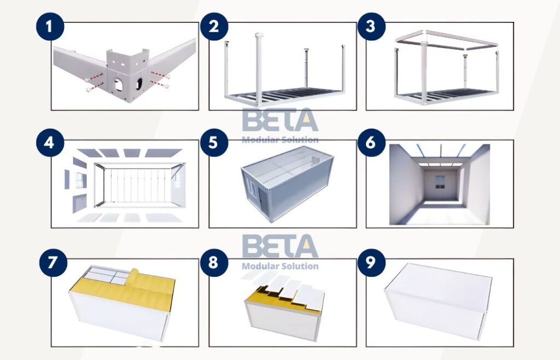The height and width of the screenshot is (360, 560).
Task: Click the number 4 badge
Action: coord(50,143)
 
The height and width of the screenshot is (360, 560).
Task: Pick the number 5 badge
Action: coord(214,143)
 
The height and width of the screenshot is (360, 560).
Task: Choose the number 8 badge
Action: coord(214,262)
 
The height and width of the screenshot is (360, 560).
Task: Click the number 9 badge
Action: coord(372,262)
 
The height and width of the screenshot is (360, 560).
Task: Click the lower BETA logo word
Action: coord(279,247)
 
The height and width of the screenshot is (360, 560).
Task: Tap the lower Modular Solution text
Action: coord(279,266)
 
